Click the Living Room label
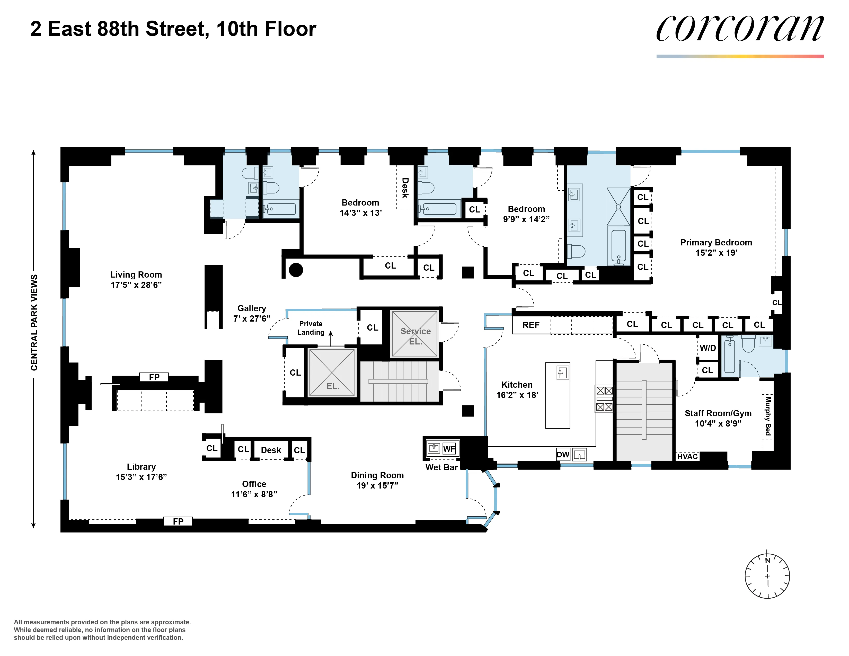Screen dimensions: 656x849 tap(136, 275)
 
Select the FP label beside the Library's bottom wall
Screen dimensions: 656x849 tap(178, 521)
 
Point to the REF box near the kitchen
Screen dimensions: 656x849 tap(531, 325)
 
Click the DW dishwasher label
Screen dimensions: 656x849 tap(563, 455)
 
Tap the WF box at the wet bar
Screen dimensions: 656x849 tap(449, 449)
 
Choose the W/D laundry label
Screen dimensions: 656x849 tap(708, 348)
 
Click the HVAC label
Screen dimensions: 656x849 tap(688, 457)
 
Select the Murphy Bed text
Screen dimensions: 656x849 tap(768, 416)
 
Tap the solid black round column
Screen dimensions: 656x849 tap(296, 270)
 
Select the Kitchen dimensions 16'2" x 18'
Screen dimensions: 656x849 tap(517, 395)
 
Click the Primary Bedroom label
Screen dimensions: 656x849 tap(716, 243)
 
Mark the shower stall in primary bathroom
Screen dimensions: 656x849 tap(618, 207)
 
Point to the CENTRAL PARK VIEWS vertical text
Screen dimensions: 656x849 tap(34, 323)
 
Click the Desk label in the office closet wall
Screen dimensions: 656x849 tap(271, 450)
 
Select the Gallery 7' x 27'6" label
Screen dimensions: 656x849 tap(252, 313)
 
